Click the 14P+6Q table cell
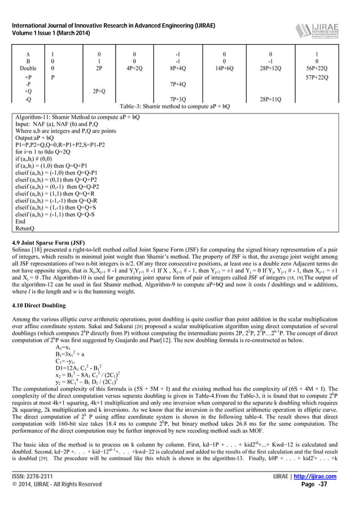(224, 68)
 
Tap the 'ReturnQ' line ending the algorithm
(25, 229)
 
